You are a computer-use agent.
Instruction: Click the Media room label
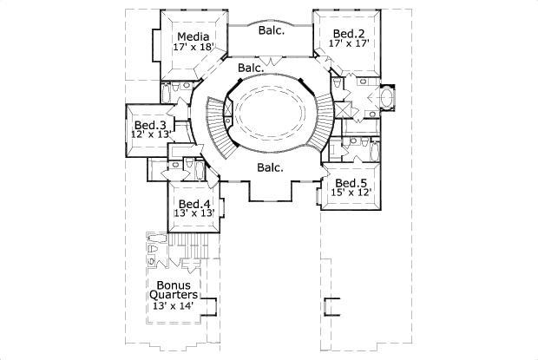pyautogui.click(x=193, y=36)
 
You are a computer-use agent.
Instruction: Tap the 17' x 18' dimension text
pyautogui.click(x=193, y=48)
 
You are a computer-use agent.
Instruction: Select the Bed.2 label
pyautogui.click(x=347, y=34)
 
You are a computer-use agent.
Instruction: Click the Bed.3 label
pyautogui.click(x=149, y=126)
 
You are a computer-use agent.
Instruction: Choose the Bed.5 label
pyautogui.click(x=351, y=183)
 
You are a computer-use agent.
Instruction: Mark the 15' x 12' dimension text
pyautogui.click(x=351, y=193)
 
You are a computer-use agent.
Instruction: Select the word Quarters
pyautogui.click(x=174, y=295)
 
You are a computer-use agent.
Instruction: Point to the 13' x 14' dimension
pyautogui.click(x=174, y=306)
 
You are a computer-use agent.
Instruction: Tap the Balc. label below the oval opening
pyautogui.click(x=270, y=167)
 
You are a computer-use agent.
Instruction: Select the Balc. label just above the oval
pyautogui.click(x=251, y=67)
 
